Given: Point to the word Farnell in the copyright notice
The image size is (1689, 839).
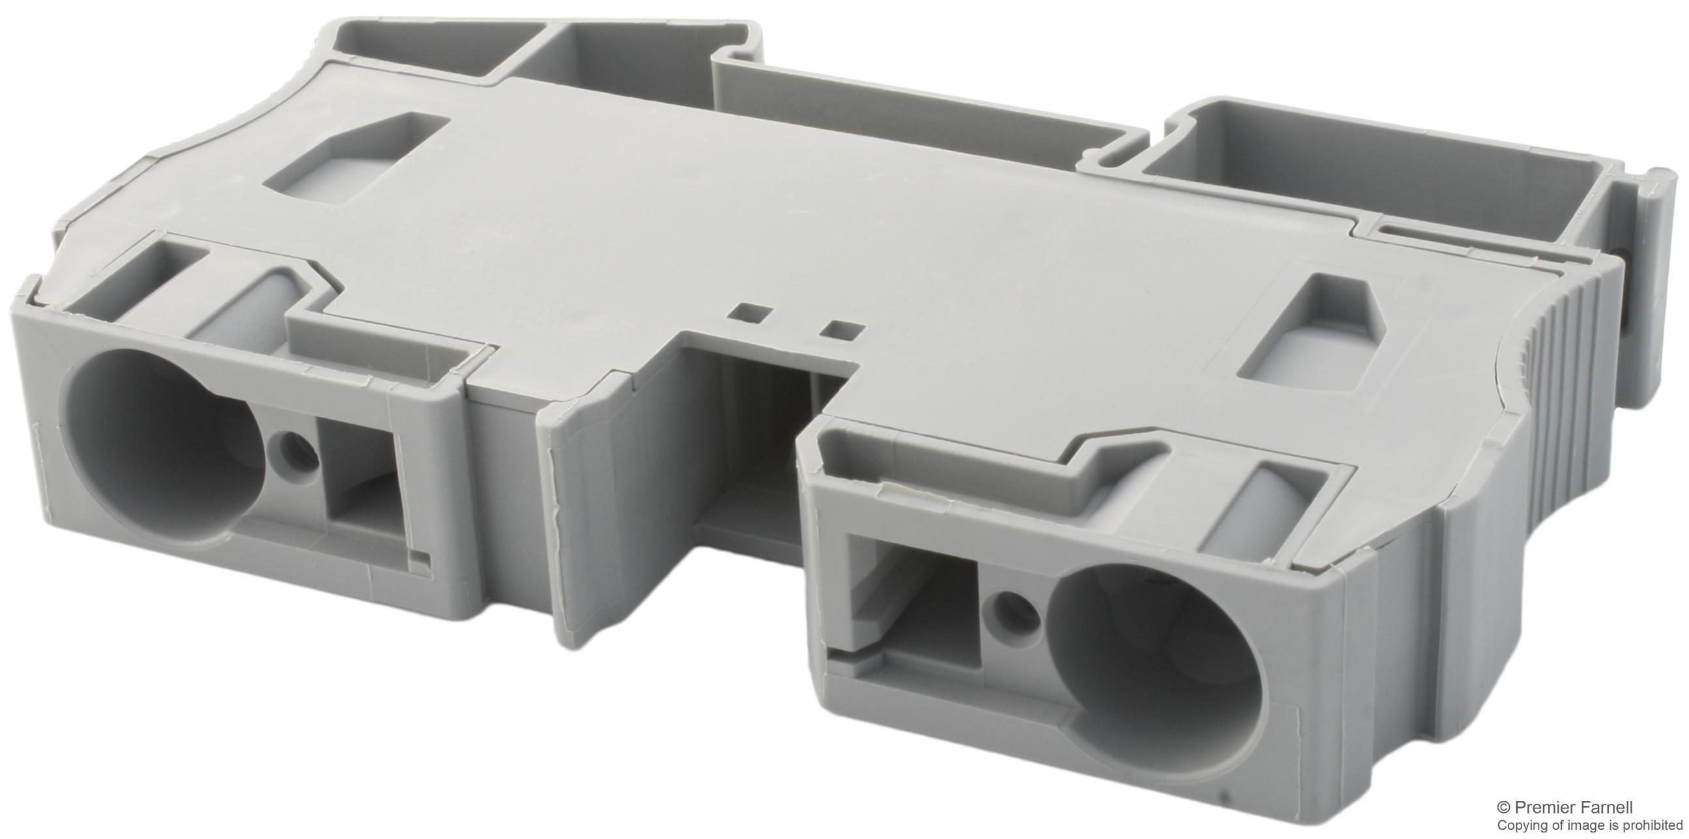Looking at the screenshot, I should tap(1621, 808).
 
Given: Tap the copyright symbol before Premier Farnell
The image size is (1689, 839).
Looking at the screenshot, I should tap(1520, 808).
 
